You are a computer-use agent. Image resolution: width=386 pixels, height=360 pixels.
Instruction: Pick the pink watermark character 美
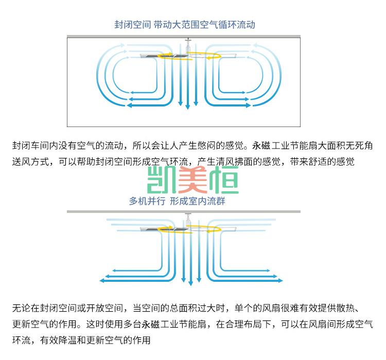[193, 180]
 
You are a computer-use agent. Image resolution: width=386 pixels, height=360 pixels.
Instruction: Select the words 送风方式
[31, 161]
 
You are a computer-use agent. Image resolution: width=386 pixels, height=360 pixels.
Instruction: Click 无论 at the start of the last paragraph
[22, 308]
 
